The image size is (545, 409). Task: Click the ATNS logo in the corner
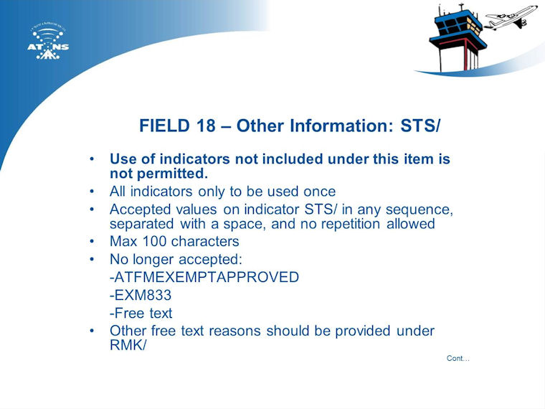click(x=48, y=42)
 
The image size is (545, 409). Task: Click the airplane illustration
click(x=511, y=18)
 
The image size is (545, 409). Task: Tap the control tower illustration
click(x=457, y=38)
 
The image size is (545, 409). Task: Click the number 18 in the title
click(x=205, y=126)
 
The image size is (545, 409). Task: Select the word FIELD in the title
click(x=165, y=126)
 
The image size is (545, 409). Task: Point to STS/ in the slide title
click(x=420, y=126)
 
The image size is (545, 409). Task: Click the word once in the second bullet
click(x=319, y=192)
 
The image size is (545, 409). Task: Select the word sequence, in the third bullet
click(x=420, y=210)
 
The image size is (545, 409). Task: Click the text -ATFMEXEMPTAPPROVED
click(x=204, y=277)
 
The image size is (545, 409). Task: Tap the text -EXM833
click(x=141, y=296)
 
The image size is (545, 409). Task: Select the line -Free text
click(x=141, y=314)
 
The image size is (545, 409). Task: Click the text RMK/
click(x=128, y=345)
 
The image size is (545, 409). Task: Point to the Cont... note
click(x=458, y=358)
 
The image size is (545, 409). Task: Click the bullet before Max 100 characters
click(x=92, y=241)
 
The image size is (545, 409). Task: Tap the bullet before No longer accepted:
click(x=92, y=259)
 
